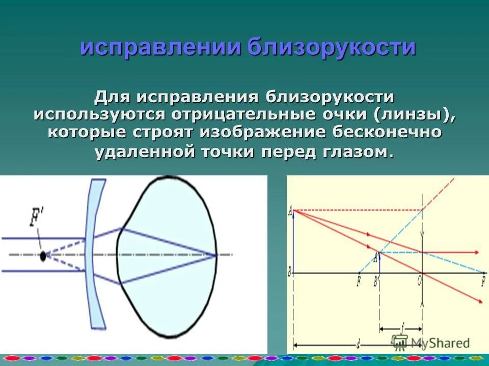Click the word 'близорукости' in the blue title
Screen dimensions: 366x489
pyautogui.click(x=332, y=47)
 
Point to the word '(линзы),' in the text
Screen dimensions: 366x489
pyautogui.click(x=414, y=114)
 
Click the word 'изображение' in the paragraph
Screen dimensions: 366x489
pyautogui.click(x=263, y=133)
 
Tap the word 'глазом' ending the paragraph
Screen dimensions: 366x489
pyautogui.click(x=356, y=151)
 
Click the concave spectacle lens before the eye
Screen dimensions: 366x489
pyautogui.click(x=95, y=254)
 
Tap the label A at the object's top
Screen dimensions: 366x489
pyautogui.click(x=290, y=210)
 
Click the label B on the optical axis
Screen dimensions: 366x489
pyautogui.click(x=289, y=273)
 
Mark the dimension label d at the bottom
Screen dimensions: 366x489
pyautogui.click(x=359, y=345)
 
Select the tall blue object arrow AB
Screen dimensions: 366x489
pyautogui.click(x=294, y=241)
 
